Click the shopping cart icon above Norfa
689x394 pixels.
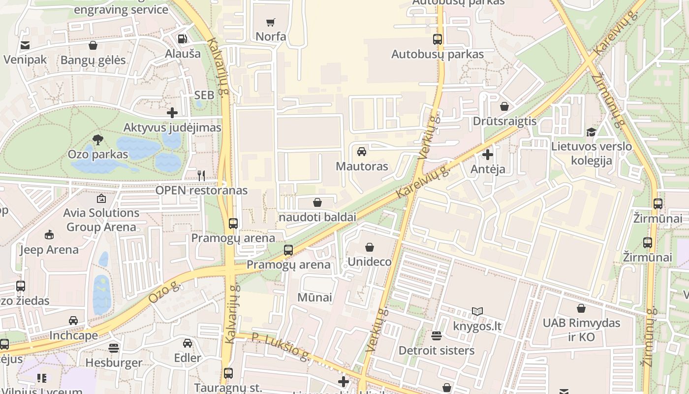click(x=270, y=22)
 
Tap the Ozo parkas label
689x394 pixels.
click(x=98, y=154)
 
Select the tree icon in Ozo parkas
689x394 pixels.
click(x=98, y=139)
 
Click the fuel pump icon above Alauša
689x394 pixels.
click(x=183, y=38)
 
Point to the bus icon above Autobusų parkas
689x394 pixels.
click(x=437, y=39)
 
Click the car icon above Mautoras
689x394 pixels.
click(x=362, y=151)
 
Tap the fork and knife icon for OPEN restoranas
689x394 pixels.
click(x=201, y=175)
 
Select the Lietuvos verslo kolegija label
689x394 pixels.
click(x=591, y=153)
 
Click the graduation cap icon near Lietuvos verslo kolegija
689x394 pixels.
click(x=591, y=132)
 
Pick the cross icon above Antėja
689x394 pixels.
click(x=488, y=155)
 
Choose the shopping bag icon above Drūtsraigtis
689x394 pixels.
click(x=504, y=106)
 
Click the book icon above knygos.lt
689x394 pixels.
click(x=477, y=311)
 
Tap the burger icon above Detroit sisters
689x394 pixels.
click(x=437, y=336)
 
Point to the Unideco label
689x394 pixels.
click(x=370, y=262)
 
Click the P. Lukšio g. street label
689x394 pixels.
click(x=281, y=346)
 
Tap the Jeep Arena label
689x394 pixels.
click(x=49, y=250)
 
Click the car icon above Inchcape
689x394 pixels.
click(x=73, y=321)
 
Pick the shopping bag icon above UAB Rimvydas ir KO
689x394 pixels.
click(x=581, y=308)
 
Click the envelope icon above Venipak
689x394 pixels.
click(x=25, y=45)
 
